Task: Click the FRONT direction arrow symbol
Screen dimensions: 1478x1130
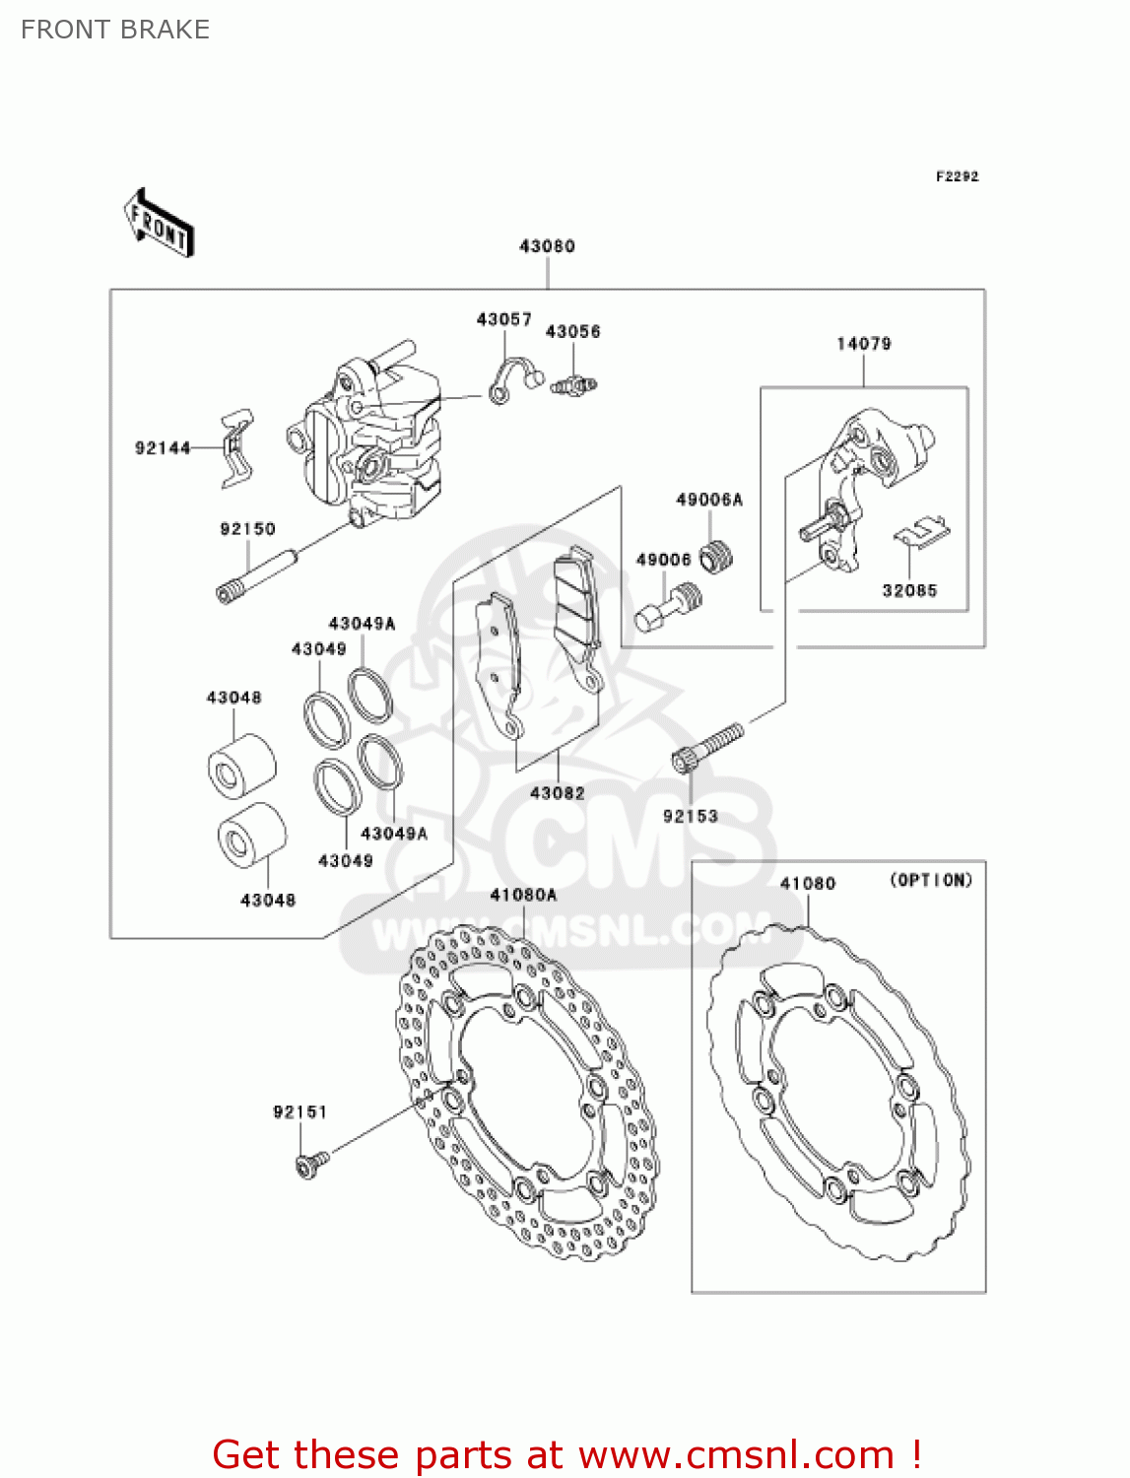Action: pos(159,224)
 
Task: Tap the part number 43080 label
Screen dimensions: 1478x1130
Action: pos(547,246)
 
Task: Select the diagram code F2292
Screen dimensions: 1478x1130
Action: pos(957,176)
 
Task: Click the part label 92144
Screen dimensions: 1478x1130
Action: pos(163,448)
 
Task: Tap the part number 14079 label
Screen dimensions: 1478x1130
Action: pos(864,344)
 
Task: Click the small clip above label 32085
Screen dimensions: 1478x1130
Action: pos(922,533)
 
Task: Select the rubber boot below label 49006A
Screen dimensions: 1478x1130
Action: pos(717,557)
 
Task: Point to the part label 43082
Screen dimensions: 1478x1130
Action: pos(558,793)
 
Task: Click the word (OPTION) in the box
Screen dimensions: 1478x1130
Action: pos(931,880)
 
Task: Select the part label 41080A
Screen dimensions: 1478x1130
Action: pos(523,895)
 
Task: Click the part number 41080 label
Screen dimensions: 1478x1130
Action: pos(808,884)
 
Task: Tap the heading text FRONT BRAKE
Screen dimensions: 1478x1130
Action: pos(115,30)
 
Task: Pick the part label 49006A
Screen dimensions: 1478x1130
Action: pos(709,500)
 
